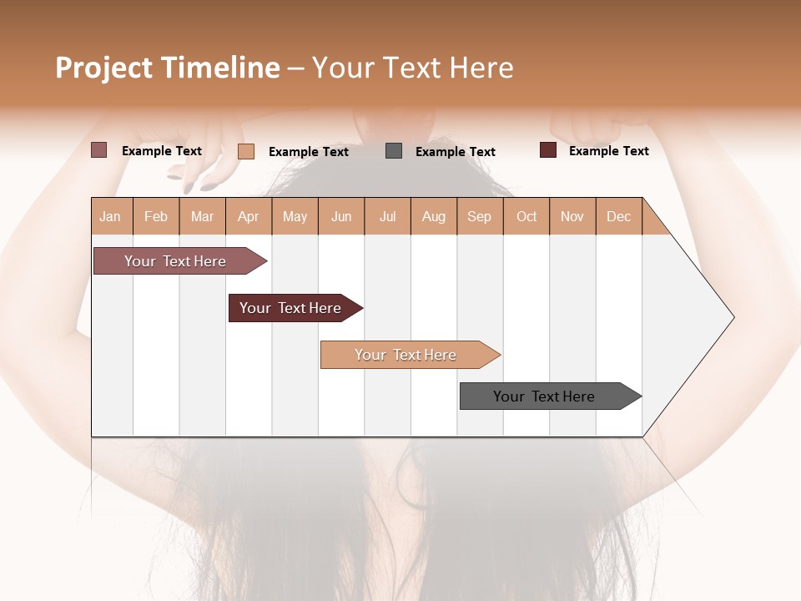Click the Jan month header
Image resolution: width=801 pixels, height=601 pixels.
coord(111,216)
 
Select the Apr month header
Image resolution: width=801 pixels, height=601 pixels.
coord(249,216)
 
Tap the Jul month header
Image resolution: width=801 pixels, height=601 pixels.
coord(388,216)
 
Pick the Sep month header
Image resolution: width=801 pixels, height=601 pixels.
coord(480,216)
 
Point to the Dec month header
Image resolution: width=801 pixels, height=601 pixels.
coord(619,216)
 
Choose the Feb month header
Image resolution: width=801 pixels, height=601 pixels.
coord(156,216)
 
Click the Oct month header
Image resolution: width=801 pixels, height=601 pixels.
coord(526,216)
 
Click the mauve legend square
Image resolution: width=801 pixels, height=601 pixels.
coord(99,150)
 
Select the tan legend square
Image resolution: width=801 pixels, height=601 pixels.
coord(246,151)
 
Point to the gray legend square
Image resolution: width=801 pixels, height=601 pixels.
coord(394,150)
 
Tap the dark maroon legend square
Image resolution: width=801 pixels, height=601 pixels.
coord(548,150)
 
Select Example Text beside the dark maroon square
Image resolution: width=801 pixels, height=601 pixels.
coord(608,151)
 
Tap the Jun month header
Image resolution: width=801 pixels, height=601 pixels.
coord(341,216)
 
